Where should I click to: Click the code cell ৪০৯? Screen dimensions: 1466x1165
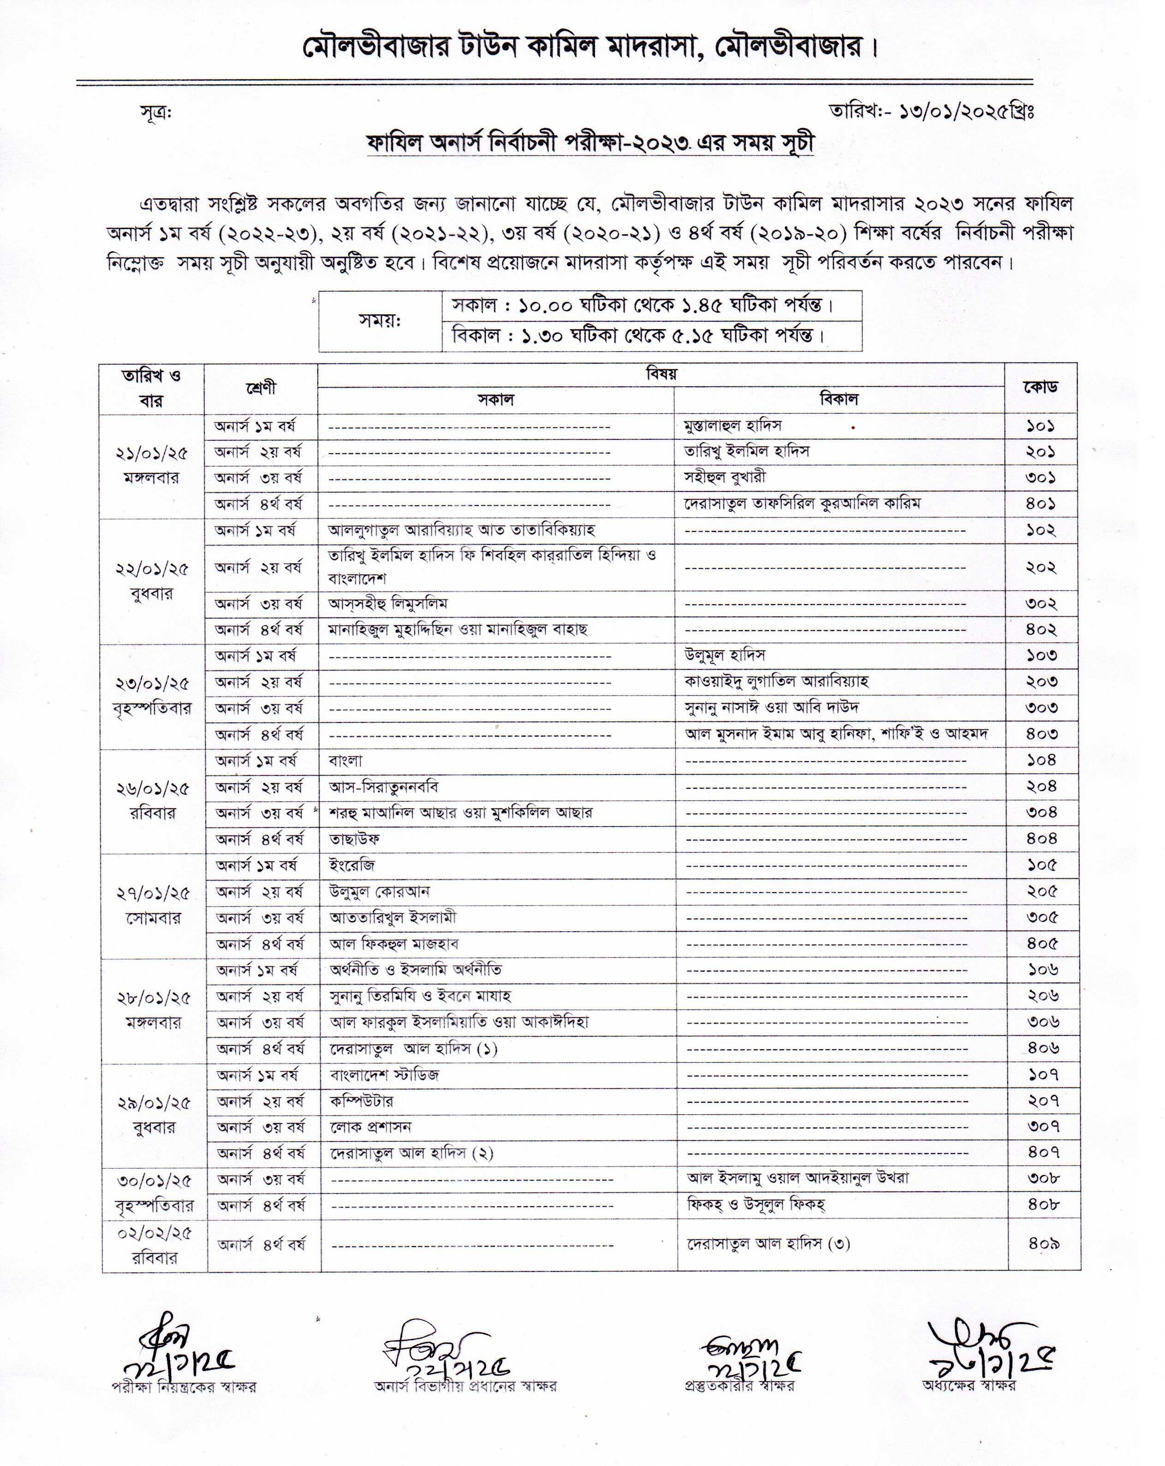[x=1043, y=1244]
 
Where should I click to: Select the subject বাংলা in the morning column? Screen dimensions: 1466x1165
[x=345, y=761]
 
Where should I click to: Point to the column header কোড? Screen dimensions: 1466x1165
[x=1040, y=388]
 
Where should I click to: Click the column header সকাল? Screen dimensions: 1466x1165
[x=495, y=400]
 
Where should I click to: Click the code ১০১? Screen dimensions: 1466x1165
[x=1040, y=426]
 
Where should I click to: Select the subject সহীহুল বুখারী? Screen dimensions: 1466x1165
[x=725, y=477]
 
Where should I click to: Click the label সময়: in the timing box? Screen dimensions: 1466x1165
[x=380, y=320]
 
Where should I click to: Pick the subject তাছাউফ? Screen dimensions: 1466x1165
[x=354, y=839]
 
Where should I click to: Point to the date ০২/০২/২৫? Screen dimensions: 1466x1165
[x=155, y=1233]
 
